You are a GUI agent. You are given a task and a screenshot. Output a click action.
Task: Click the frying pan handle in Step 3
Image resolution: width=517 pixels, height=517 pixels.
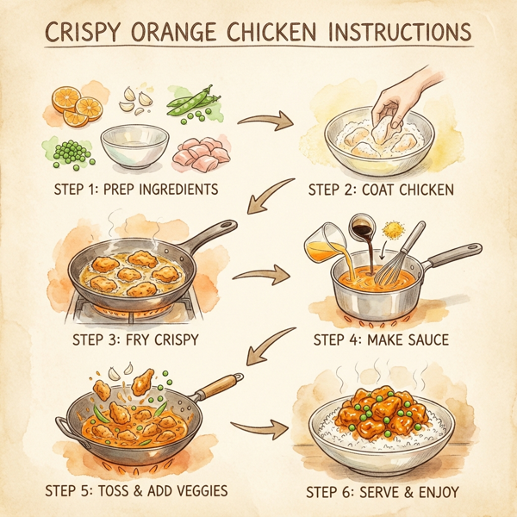(x=210, y=234)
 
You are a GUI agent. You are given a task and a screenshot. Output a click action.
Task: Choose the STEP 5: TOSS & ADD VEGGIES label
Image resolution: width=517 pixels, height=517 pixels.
(x=136, y=491)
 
